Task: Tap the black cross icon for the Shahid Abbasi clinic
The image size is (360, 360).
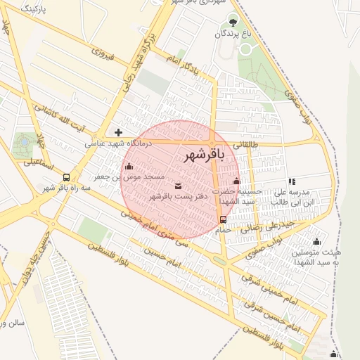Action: point(118,131)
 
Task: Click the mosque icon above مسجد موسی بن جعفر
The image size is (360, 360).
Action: point(129,167)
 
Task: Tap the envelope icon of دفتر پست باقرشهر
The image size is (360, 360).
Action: point(177,186)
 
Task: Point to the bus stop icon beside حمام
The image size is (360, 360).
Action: point(224,219)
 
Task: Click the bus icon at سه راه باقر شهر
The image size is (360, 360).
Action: point(66,177)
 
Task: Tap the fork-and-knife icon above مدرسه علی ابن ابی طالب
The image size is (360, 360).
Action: point(292,182)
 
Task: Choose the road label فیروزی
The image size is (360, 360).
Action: point(102,53)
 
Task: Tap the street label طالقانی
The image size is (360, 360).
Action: point(246,144)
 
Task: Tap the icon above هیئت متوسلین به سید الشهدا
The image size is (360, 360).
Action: point(316,242)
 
